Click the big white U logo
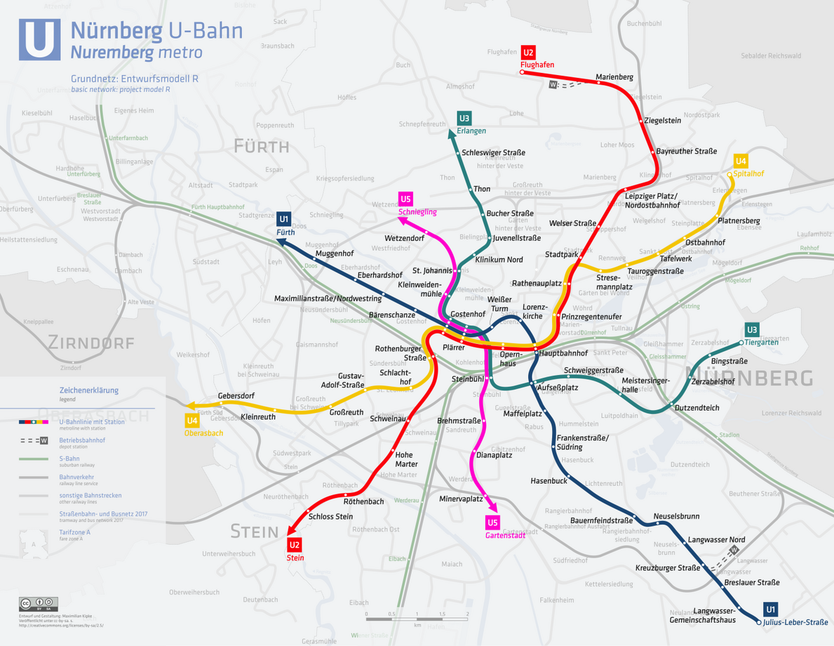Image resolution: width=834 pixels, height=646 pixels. [39, 39]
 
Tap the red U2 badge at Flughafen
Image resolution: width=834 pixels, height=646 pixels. [528, 53]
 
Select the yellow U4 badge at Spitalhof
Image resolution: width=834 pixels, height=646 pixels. [741, 161]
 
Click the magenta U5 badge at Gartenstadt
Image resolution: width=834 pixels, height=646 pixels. [492, 522]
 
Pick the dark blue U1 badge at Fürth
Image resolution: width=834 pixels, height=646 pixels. [284, 220]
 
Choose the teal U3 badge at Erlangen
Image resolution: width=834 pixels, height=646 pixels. [464, 118]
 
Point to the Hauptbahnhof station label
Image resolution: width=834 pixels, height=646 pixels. [563, 353]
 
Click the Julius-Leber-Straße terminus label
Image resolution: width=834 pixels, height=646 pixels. [795, 622]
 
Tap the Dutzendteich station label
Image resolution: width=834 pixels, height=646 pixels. [697, 408]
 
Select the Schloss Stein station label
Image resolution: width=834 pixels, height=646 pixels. [330, 517]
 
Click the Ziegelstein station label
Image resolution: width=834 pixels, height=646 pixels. [662, 120]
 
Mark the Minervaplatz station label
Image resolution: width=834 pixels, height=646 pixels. [461, 499]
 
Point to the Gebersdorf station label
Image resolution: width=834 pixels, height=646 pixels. [236, 396]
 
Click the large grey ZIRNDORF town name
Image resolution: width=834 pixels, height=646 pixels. [90, 343]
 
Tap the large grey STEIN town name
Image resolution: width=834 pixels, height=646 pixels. [255, 532]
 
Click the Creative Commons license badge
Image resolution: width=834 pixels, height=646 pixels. [39, 603]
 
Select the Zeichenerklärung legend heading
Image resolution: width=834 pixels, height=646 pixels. [88, 390]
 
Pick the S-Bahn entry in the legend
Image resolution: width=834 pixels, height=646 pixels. [69, 459]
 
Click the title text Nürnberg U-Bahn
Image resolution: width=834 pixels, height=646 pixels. [156, 31]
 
